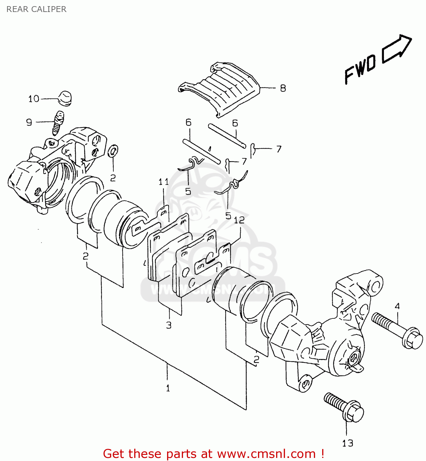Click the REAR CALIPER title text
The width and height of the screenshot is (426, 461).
[x=36, y=9]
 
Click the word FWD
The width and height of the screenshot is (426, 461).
[x=360, y=69]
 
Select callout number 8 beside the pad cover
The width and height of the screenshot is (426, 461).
[x=283, y=88]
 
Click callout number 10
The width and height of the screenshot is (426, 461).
[x=34, y=99]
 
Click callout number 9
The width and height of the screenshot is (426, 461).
[x=29, y=122]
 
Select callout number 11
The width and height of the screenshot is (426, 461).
[x=163, y=182]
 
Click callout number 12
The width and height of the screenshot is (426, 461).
[x=239, y=220]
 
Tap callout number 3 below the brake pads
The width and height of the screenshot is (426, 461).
[x=169, y=325]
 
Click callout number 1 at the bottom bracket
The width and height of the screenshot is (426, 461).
[x=168, y=388]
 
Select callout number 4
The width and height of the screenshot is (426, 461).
[x=397, y=306]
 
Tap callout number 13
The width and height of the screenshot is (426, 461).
[x=348, y=443]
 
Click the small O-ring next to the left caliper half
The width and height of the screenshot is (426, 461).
[x=113, y=151]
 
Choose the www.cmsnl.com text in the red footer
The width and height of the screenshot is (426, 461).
[x=266, y=454]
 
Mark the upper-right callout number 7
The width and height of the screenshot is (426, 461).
[x=279, y=149]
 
